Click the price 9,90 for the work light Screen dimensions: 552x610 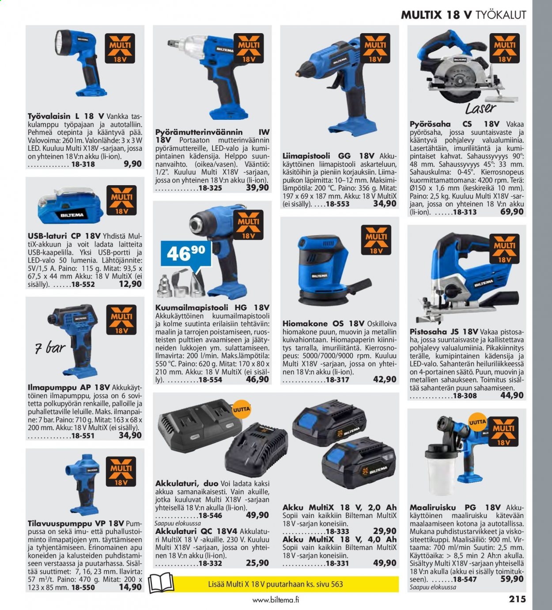(x=133, y=164)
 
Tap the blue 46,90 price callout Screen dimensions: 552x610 (x=186, y=254)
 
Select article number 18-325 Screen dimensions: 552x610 (x=210, y=188)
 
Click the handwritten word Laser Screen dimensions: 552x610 (x=480, y=108)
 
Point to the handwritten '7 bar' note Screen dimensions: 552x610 (x=50, y=348)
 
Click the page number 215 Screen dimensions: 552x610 (x=517, y=599)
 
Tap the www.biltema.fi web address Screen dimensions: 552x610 (x=276, y=600)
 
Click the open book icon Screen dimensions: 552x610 (x=161, y=583)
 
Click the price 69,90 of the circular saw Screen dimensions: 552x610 (x=512, y=212)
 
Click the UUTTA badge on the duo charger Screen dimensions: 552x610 (x=241, y=409)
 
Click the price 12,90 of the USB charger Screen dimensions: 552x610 (x=130, y=284)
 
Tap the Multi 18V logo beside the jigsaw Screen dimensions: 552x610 (x=504, y=249)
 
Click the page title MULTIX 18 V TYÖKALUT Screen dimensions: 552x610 (x=463, y=15)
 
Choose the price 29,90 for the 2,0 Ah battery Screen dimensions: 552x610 (x=385, y=531)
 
